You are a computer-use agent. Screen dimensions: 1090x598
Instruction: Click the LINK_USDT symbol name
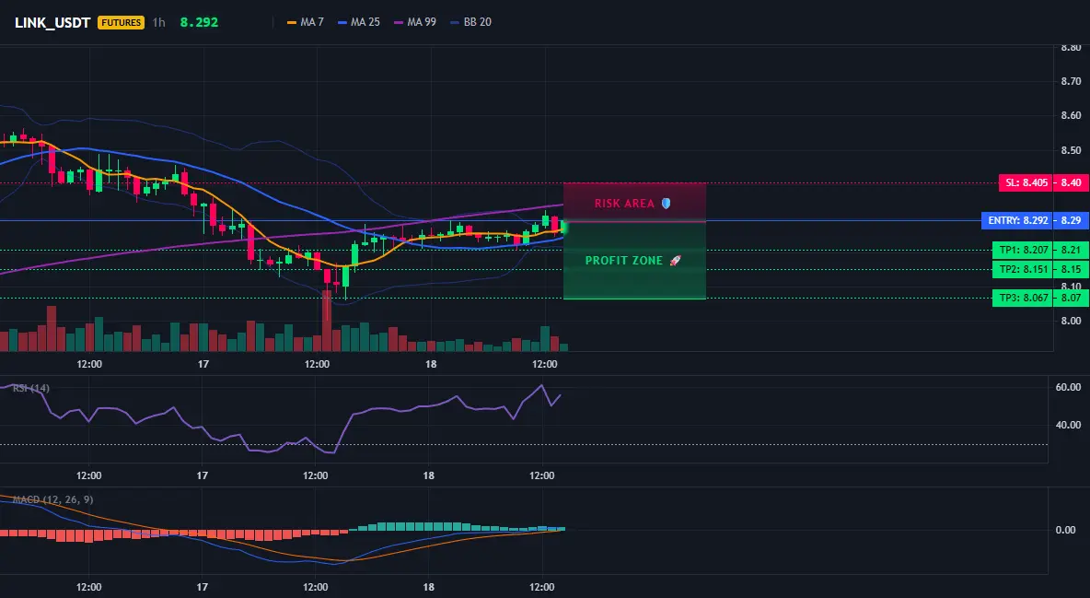point(52,22)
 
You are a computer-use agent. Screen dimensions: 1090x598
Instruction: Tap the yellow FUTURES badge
point(121,22)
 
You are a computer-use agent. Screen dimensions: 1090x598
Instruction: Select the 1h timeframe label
point(159,22)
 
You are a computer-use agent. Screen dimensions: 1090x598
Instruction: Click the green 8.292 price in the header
point(199,22)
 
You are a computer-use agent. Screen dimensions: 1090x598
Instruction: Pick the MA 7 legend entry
point(306,22)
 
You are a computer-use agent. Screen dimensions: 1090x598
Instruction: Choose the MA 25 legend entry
point(359,22)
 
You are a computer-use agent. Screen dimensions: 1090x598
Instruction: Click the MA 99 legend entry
point(416,22)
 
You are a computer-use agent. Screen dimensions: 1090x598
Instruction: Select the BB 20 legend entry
point(471,22)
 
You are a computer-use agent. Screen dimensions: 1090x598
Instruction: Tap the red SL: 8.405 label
point(1026,183)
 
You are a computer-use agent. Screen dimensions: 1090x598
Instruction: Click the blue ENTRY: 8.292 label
point(1017,221)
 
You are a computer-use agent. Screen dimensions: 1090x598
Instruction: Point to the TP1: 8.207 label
point(1024,250)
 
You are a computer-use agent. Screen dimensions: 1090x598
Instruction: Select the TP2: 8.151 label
point(1024,269)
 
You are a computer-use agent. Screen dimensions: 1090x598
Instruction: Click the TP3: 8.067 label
point(1024,298)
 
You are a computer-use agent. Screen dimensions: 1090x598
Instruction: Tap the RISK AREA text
point(624,204)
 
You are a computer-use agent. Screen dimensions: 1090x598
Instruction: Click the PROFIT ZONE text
point(624,261)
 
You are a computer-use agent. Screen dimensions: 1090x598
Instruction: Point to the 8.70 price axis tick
point(1072,81)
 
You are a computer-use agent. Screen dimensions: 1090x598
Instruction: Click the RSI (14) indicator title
point(30,388)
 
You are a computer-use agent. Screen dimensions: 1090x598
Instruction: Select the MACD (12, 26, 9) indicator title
point(52,499)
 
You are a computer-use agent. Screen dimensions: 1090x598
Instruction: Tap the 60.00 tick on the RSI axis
point(1069,387)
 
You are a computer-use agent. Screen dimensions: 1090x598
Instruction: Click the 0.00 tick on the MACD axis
point(1066,530)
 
